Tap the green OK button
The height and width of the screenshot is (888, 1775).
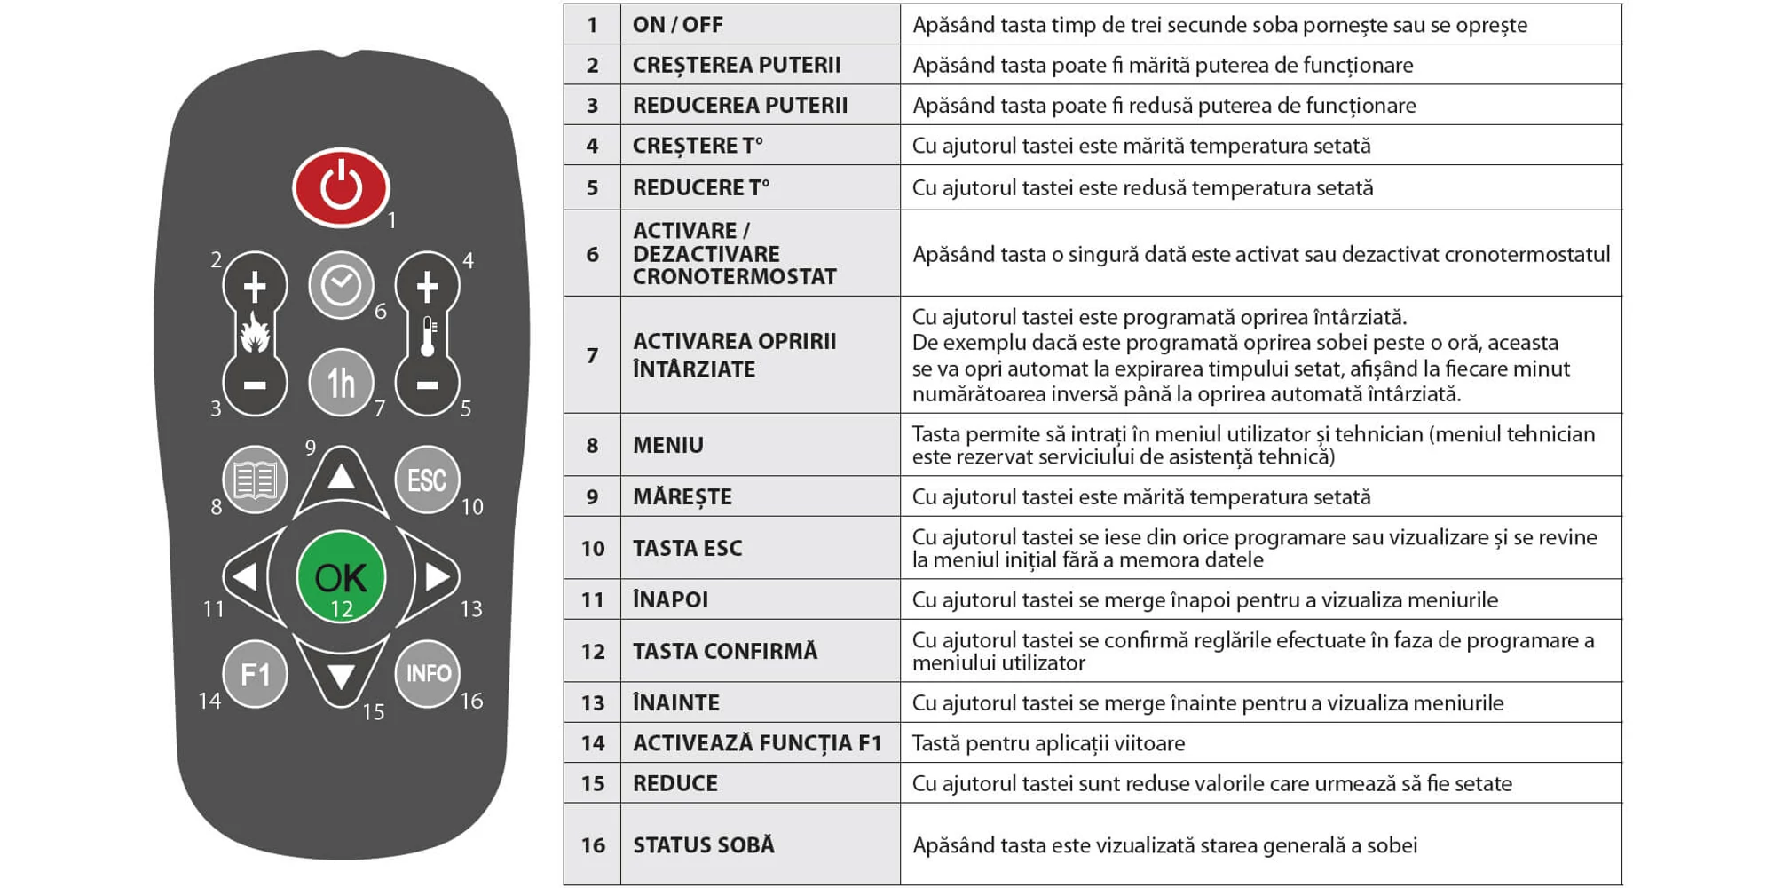pyautogui.click(x=341, y=576)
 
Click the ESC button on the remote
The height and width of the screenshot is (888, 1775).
pyautogui.click(x=427, y=480)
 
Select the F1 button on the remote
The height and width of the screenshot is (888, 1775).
pyautogui.click(x=255, y=674)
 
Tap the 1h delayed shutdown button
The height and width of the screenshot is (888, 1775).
pyautogui.click(x=341, y=383)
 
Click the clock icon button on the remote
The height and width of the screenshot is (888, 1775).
pyautogui.click(x=341, y=285)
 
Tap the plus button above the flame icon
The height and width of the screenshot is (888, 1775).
pyautogui.click(x=255, y=286)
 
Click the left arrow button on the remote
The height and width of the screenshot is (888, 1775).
pyautogui.click(x=244, y=577)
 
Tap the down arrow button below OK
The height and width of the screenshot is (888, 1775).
pyautogui.click(x=341, y=677)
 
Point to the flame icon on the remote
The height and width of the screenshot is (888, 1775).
pyautogui.click(x=255, y=335)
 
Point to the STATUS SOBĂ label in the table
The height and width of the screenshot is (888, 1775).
pyautogui.click(x=703, y=844)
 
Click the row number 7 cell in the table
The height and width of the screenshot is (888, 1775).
pyautogui.click(x=592, y=355)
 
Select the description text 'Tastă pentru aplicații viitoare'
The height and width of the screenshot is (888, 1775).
pyautogui.click(x=1048, y=743)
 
